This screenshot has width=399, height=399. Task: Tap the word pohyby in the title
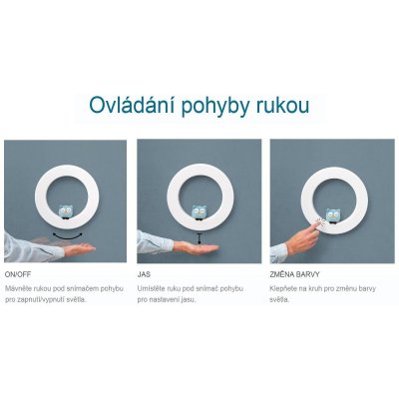[215, 107]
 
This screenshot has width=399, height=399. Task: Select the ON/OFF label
[18, 275]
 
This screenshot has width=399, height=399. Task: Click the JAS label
[144, 275]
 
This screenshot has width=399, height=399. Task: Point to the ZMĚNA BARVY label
[294, 274]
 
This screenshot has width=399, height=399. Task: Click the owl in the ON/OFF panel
[66, 212]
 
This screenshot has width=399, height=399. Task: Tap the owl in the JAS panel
[199, 212]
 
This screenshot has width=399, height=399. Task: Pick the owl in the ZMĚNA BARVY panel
[332, 215]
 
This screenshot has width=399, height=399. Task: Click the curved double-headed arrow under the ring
[68, 237]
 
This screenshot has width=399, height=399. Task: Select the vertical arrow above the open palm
[199, 239]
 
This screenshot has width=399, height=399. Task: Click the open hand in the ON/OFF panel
[79, 248]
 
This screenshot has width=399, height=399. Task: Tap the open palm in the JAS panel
[197, 247]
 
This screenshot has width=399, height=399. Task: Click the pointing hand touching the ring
[302, 237]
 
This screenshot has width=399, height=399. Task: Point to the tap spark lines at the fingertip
[319, 221]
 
